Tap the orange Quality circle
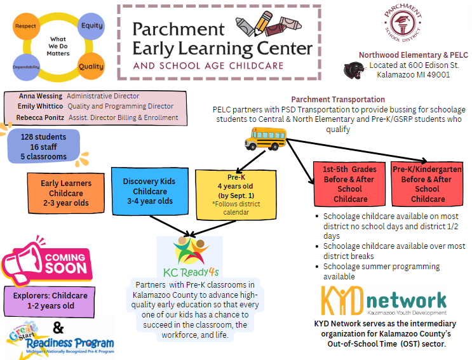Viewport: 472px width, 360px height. tap(91, 66)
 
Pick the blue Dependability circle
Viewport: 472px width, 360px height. tap(26, 67)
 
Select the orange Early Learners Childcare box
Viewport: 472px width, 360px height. tap(66, 192)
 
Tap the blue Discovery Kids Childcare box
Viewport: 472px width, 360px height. tap(150, 190)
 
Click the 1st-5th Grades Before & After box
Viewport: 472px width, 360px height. tap(350, 184)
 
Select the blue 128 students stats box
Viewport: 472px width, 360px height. tap(44, 147)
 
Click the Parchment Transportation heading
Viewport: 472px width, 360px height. tap(338, 100)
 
